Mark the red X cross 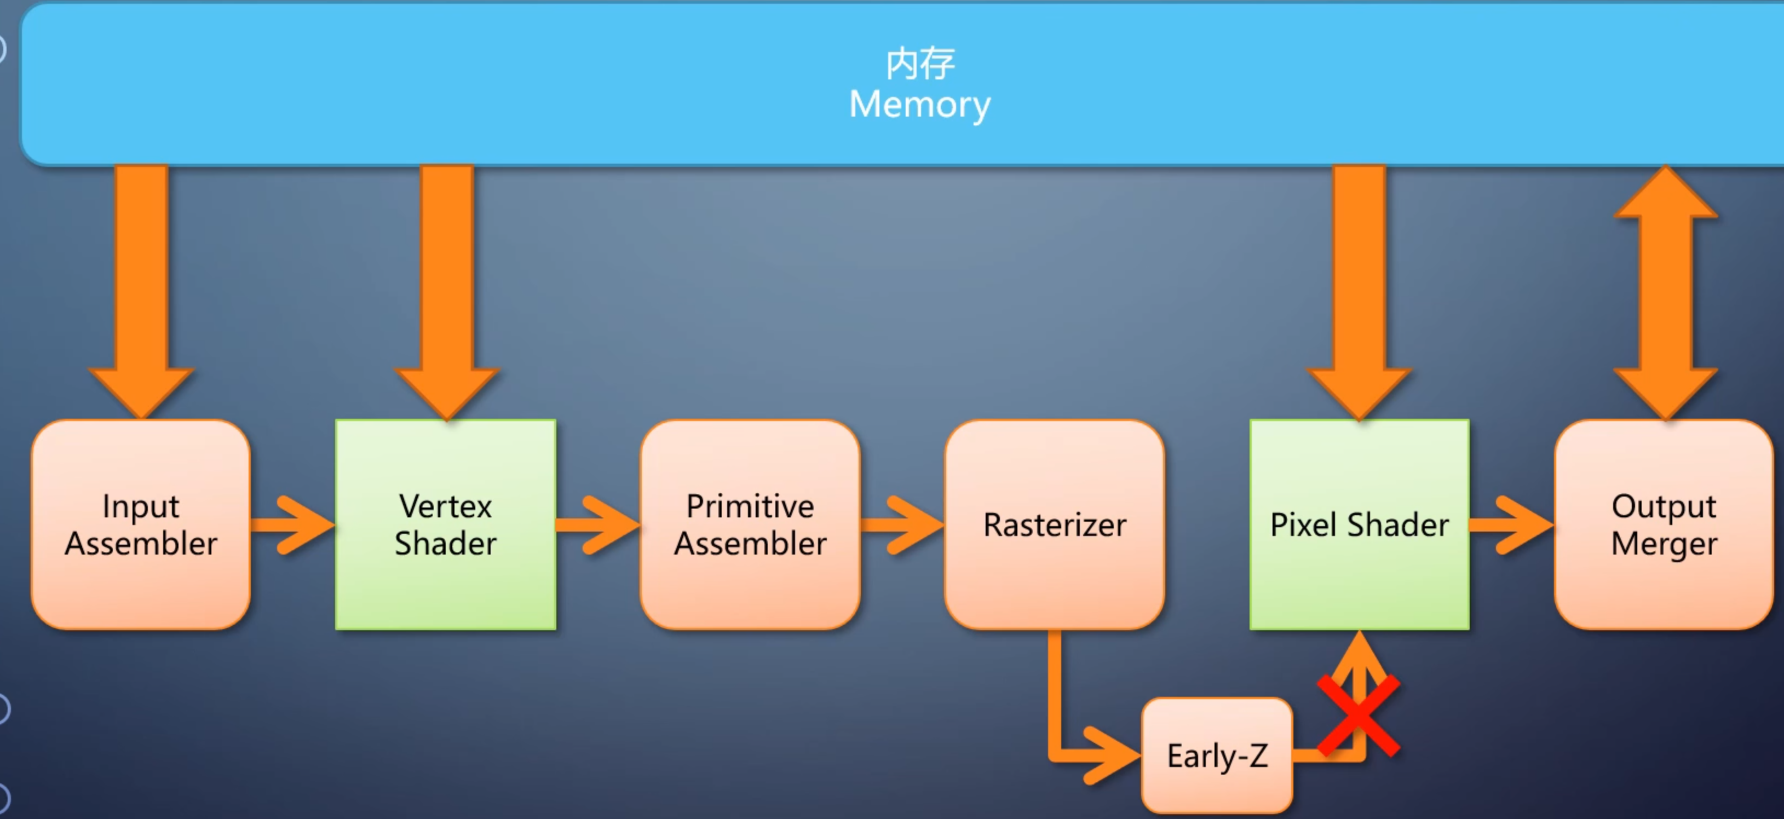(1358, 716)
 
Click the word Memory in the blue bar (920, 105)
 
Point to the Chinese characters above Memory (920, 64)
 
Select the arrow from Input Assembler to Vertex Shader (295, 525)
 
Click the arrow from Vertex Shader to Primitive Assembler (599, 525)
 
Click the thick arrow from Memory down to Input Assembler (141, 291)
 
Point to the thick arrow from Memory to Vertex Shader (447, 291)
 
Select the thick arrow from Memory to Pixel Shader (1359, 291)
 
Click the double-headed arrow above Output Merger (1666, 291)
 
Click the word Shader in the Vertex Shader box (445, 544)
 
